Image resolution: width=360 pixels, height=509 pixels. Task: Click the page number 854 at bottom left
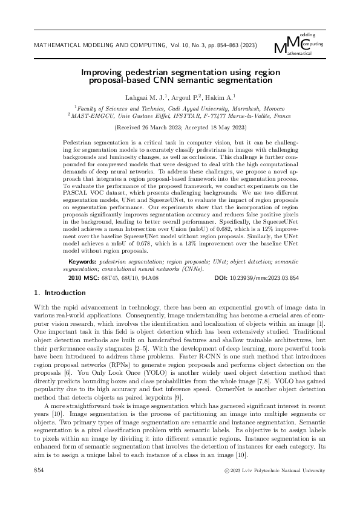pos(39,469)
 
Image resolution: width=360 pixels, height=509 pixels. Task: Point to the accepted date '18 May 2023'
pos(223,128)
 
